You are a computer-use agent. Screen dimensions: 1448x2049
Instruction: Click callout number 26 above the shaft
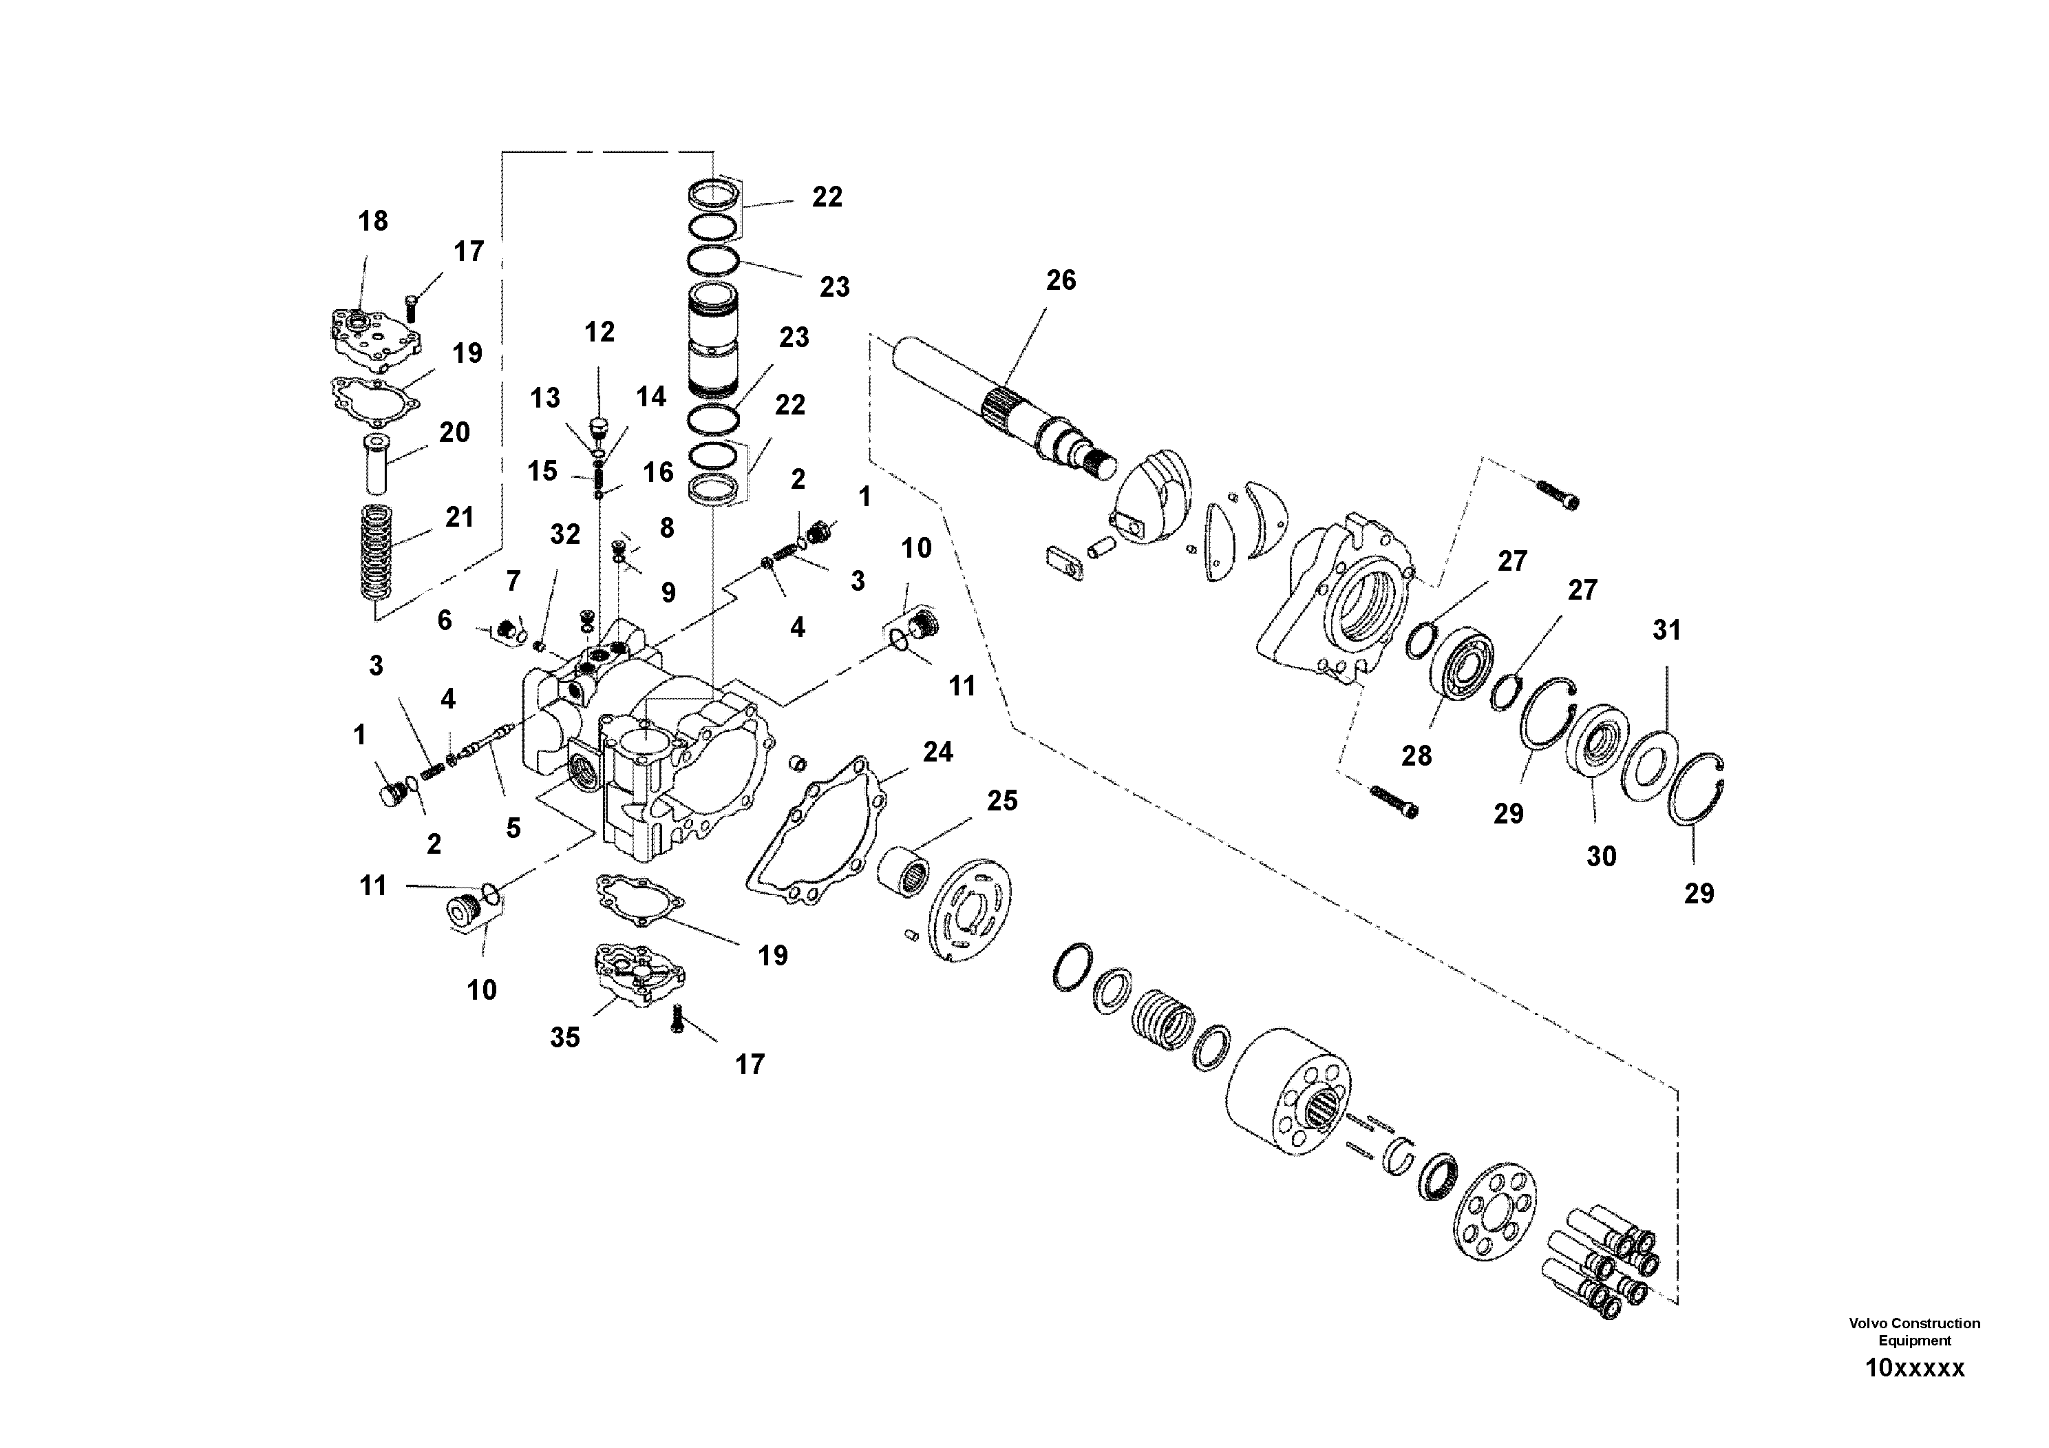(1060, 280)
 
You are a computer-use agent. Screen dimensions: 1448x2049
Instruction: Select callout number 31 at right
(1666, 630)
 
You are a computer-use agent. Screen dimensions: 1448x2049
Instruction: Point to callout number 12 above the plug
(599, 332)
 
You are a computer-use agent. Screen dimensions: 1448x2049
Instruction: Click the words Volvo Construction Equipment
(1914, 1331)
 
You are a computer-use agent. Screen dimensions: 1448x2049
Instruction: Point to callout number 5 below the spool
(513, 828)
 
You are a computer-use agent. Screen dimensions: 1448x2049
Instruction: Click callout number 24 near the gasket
(937, 752)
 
